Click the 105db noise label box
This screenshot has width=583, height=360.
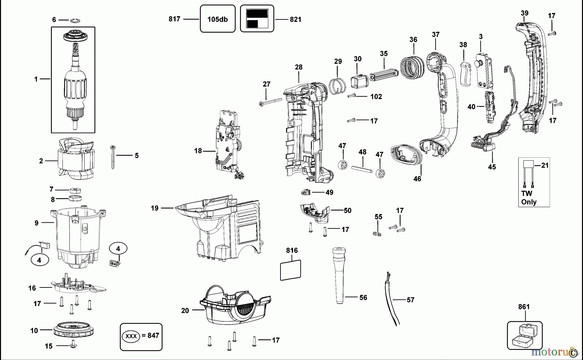click(x=217, y=19)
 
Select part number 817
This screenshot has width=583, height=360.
click(x=174, y=19)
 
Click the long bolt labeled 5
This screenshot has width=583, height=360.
click(x=113, y=157)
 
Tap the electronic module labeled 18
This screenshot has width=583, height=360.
click(x=229, y=144)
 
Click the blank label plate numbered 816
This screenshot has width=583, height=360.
click(x=290, y=270)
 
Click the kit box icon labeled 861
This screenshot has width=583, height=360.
click(x=524, y=335)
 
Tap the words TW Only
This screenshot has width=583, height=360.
click(x=528, y=198)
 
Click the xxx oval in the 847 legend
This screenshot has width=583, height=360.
click(x=131, y=336)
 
